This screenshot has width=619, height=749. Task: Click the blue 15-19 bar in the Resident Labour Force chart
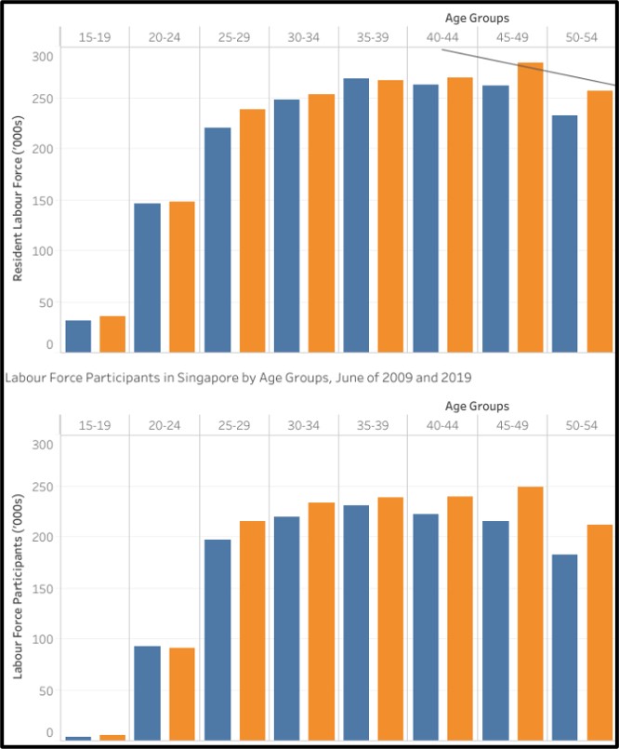(78, 336)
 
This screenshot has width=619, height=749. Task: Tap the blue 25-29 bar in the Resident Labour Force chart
(217, 240)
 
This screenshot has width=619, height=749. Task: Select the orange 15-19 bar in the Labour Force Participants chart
(112, 737)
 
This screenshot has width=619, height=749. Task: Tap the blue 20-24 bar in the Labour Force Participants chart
(147, 692)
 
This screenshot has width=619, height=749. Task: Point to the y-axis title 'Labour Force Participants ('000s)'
(18, 585)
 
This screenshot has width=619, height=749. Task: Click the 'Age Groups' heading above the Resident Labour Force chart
(477, 18)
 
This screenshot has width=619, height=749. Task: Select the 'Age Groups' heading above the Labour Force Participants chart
(477, 407)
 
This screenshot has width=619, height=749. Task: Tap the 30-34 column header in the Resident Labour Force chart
(303, 36)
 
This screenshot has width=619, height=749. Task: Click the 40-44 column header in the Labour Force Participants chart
(442, 425)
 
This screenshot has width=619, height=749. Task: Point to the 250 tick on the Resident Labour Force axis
(43, 99)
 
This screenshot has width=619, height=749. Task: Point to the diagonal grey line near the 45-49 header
(530, 67)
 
